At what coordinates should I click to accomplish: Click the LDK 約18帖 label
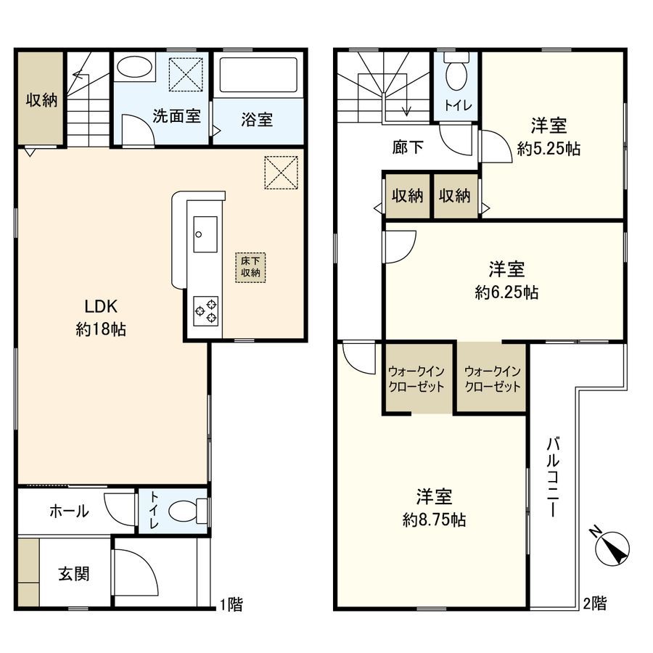point(101,317)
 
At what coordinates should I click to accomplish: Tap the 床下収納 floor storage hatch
point(250,266)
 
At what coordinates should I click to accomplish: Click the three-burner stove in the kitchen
point(205,310)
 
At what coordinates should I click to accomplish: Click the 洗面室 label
point(176,116)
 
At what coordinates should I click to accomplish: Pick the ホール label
point(69,512)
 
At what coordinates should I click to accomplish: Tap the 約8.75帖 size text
point(434,519)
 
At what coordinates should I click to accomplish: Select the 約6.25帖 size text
point(506,292)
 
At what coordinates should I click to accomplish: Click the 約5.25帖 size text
point(549,149)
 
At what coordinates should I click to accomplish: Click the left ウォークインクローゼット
point(416,377)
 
